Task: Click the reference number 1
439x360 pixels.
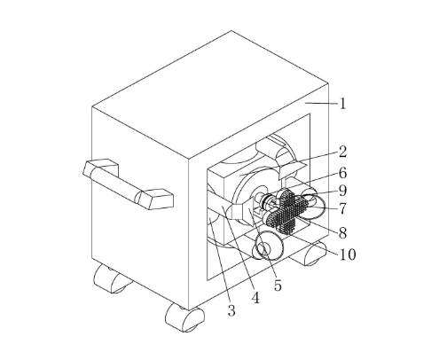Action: pyautogui.click(x=342, y=104)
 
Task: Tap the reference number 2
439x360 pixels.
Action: pyautogui.click(x=342, y=152)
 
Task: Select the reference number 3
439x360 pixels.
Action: pyautogui.click(x=231, y=310)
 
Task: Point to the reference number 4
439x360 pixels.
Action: pyautogui.click(x=255, y=298)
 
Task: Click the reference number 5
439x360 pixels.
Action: pyautogui.click(x=278, y=286)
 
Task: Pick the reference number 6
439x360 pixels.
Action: pyautogui.click(x=342, y=173)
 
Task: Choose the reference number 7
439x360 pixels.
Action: pyautogui.click(x=342, y=209)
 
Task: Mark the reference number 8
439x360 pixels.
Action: pyautogui.click(x=342, y=233)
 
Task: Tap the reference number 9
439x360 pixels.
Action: pyautogui.click(x=342, y=191)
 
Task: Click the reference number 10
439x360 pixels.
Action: pyautogui.click(x=348, y=254)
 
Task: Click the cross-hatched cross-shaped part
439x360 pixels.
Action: pyautogui.click(x=286, y=212)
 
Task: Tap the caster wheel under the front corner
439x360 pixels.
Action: pyautogui.click(x=184, y=318)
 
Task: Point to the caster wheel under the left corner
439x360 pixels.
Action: pyautogui.click(x=112, y=278)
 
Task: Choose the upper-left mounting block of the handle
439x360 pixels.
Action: pyautogui.click(x=100, y=168)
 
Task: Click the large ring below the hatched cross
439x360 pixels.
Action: pyautogui.click(x=269, y=246)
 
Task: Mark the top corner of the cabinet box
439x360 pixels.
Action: pyautogui.click(x=231, y=30)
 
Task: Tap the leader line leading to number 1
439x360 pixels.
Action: pyautogui.click(x=322, y=103)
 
